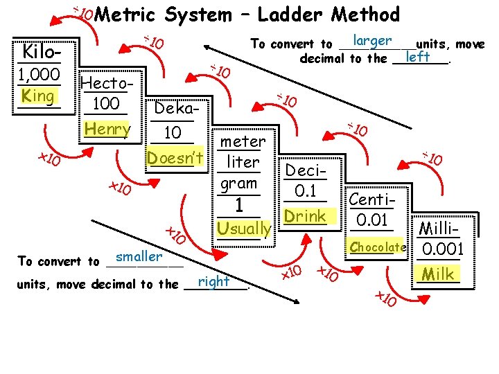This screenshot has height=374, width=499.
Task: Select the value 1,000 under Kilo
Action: point(39,75)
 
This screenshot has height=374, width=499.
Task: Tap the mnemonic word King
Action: point(39,96)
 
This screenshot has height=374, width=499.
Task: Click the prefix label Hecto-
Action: point(105,84)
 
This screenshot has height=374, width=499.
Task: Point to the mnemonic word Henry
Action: point(107,129)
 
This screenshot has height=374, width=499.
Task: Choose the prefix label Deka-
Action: point(178,109)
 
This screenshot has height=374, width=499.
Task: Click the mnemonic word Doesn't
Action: point(175,158)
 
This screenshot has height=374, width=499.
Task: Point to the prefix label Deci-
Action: point(304,170)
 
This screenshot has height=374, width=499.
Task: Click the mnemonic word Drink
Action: point(306,216)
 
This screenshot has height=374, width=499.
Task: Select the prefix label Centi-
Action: point(373,200)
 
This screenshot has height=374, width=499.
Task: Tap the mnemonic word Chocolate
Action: point(377,247)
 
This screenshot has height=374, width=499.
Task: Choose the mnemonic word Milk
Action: point(439,274)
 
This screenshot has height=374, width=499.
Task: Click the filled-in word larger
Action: point(372,42)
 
